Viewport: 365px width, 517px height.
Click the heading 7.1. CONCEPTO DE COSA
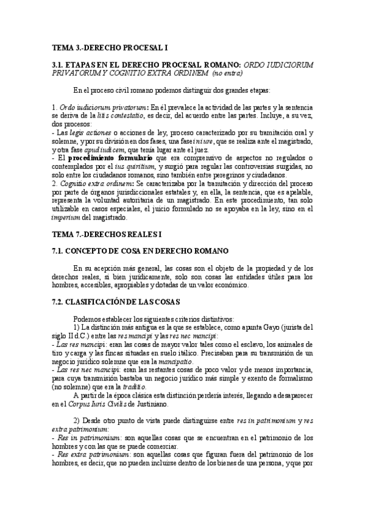click(140, 251)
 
